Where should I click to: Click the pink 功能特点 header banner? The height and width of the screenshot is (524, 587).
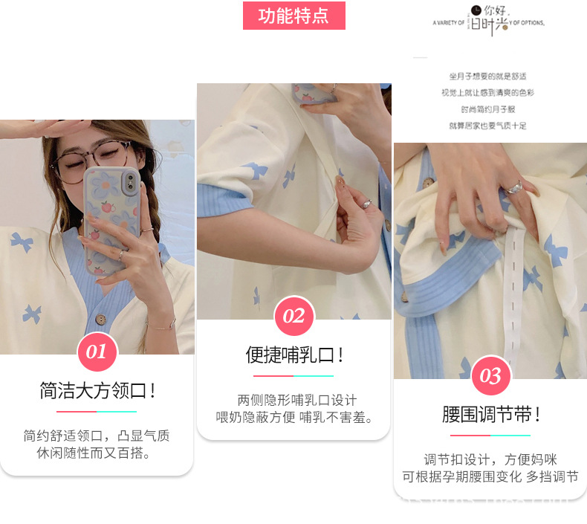click(x=294, y=16)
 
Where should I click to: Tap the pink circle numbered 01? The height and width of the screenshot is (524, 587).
click(x=97, y=352)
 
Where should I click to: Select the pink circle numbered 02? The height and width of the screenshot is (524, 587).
click(x=293, y=317)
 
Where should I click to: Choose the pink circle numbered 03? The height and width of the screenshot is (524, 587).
click(x=490, y=376)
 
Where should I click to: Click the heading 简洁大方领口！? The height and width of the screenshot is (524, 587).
click(x=97, y=391)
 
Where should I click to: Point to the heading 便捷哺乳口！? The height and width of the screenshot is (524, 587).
click(x=294, y=355)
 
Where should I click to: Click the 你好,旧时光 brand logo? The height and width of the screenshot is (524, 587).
click(x=489, y=21)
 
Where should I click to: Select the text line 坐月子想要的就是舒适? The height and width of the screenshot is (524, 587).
click(x=487, y=76)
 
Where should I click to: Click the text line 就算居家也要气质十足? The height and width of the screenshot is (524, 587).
click(x=487, y=126)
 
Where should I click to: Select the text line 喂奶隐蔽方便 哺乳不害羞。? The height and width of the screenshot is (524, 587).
click(x=293, y=417)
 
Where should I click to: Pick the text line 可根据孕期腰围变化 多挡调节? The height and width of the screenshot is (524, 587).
click(x=490, y=477)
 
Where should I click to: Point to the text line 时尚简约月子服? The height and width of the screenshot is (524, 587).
click(x=487, y=109)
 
